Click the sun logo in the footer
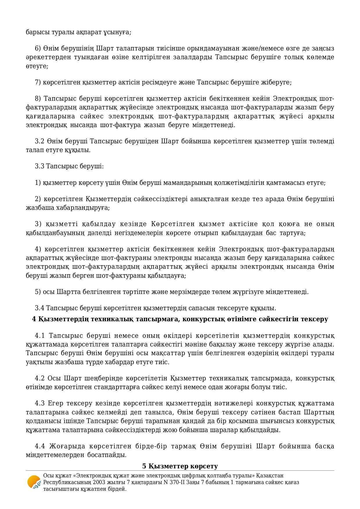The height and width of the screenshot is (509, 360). coord(34,482)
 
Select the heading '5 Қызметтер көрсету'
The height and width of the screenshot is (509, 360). coord(180,466)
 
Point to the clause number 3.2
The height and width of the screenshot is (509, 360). coord(39,141)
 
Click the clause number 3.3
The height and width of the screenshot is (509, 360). coord(39,166)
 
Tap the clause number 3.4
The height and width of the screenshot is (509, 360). coord(39,308)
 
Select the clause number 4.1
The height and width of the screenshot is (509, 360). coord(40,336)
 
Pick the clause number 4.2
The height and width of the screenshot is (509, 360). coord(40,378)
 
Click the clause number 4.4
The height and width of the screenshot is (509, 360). coord(40,446)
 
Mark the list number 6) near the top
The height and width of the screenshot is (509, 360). coord(38,48)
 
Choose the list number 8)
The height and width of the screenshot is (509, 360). coord(38,99)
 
